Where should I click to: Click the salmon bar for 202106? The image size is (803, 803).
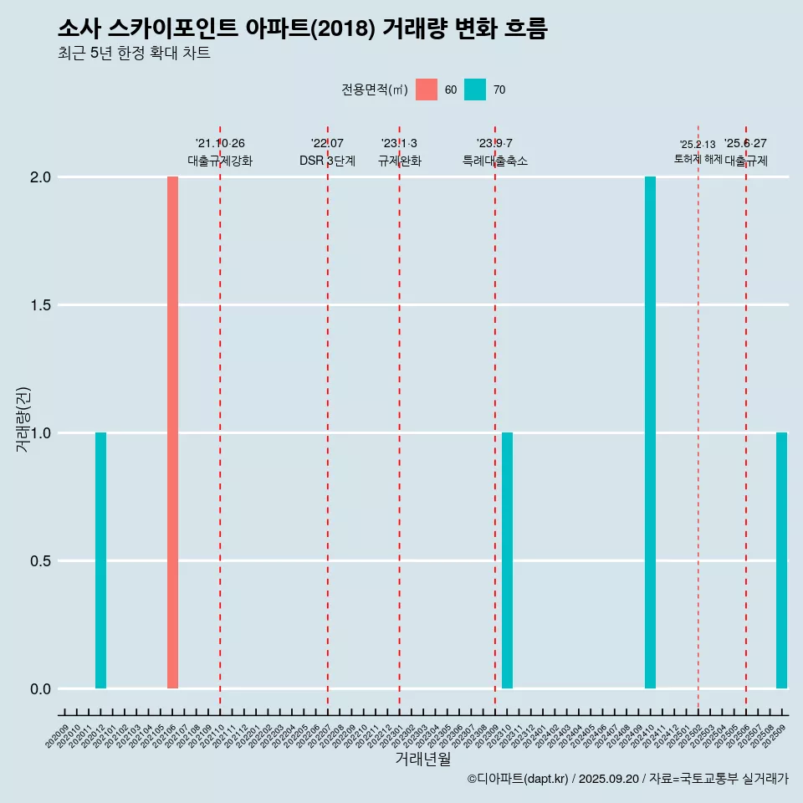coord(172,432)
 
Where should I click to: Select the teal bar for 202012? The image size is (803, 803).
coord(100,560)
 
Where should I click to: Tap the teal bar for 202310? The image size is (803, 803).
coord(507,560)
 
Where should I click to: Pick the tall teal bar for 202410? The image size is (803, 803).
coord(650,432)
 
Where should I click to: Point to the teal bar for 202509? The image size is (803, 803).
coord(781,560)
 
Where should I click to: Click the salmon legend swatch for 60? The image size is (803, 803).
coord(427,90)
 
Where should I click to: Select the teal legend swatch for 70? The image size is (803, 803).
coord(475,90)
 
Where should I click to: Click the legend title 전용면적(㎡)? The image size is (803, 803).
coord(374,90)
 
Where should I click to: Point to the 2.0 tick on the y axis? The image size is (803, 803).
coord(41,177)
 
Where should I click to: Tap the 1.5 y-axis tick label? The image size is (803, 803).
coord(41,305)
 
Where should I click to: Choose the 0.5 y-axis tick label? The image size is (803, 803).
coord(41,561)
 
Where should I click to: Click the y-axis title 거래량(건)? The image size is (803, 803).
coord(23,420)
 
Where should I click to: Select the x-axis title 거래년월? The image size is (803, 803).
coord(422,760)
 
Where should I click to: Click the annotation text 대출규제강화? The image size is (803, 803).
coord(220,161)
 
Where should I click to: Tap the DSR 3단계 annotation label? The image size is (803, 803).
coord(328,161)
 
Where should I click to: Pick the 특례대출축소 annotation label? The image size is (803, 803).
coord(495,161)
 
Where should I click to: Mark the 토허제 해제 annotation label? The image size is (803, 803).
coord(698,159)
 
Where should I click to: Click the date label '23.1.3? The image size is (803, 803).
coord(399,144)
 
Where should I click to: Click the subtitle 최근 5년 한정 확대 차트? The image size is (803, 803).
coord(134,54)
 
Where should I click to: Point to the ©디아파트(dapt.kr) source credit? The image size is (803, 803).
coord(519,779)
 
